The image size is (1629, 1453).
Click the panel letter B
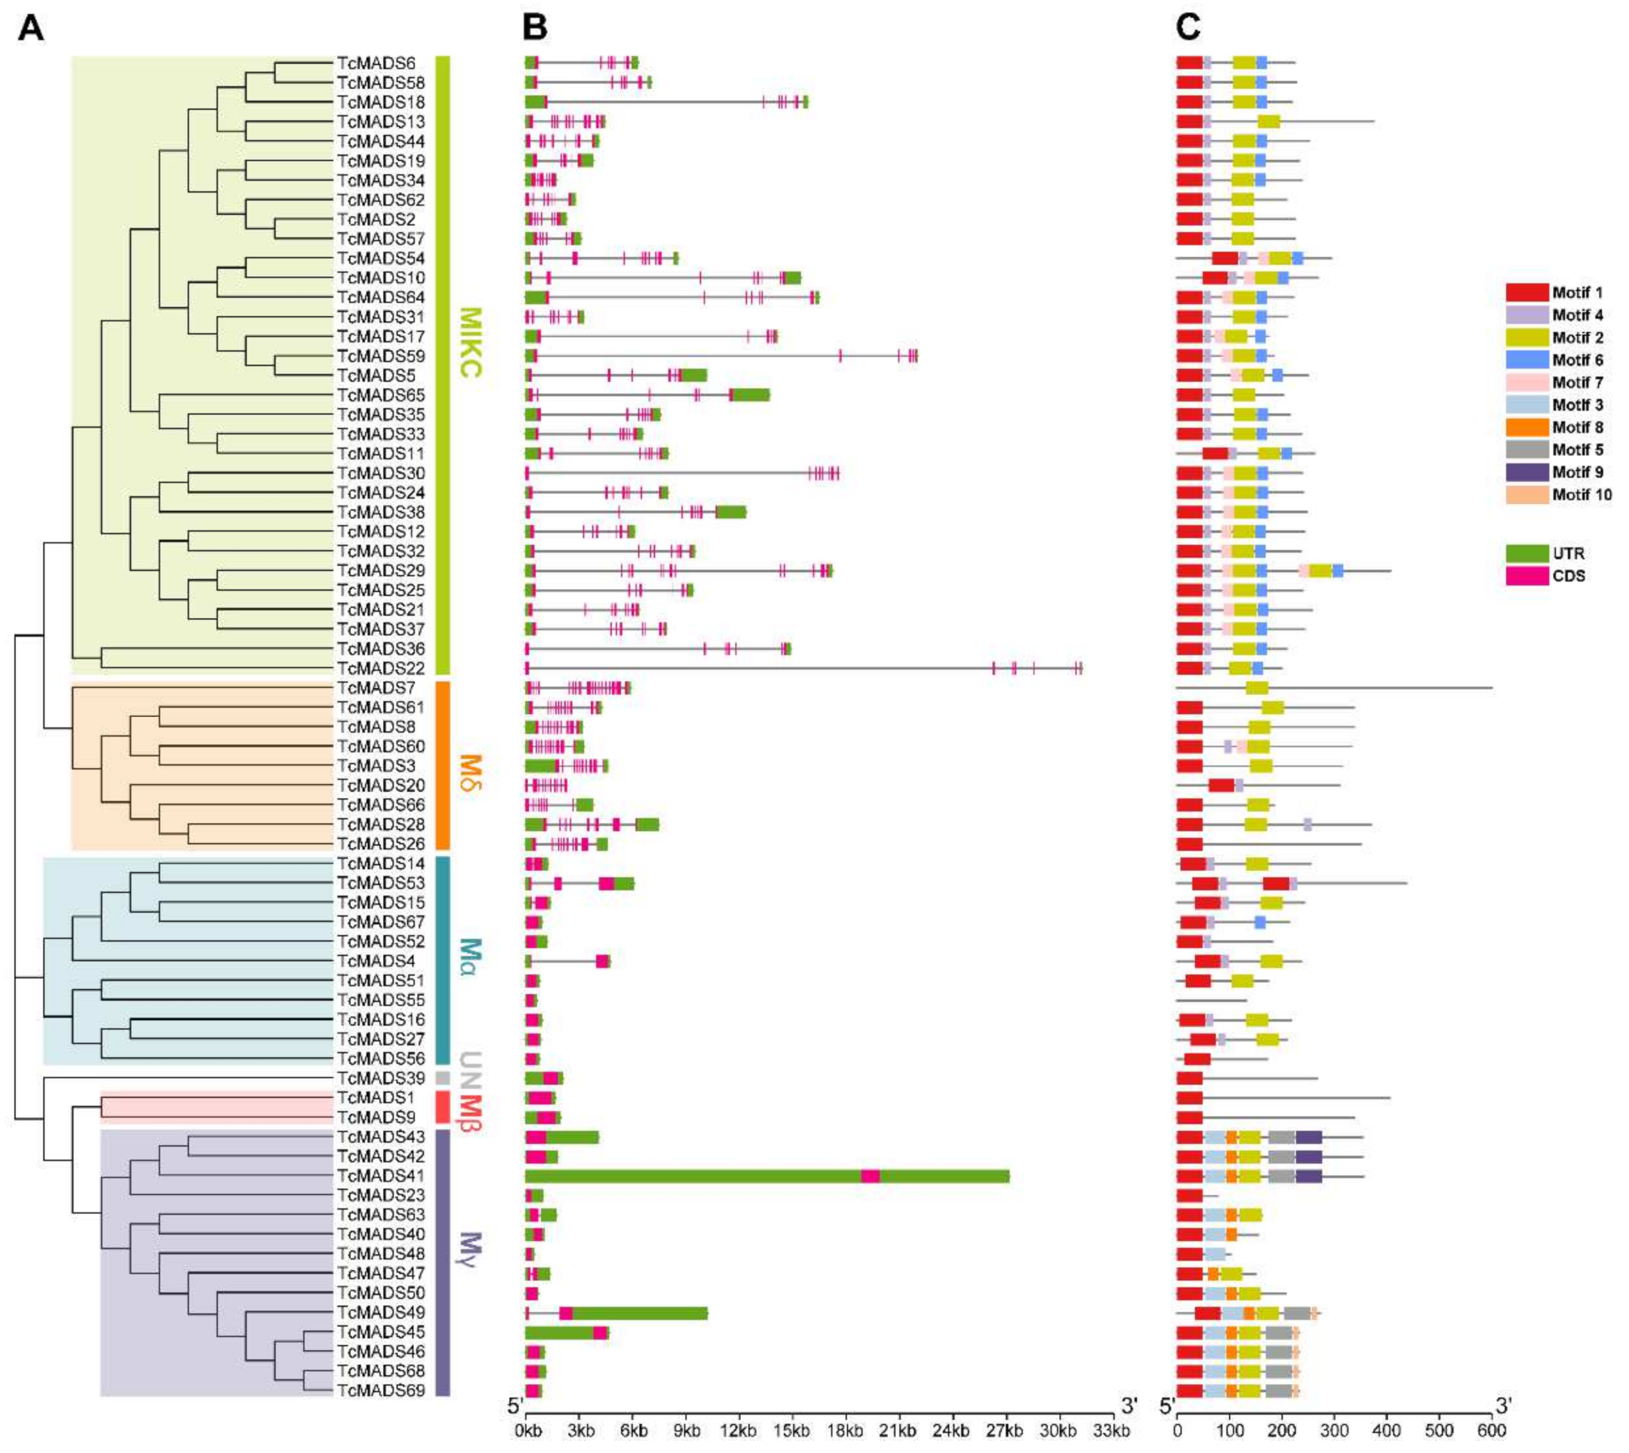(535, 28)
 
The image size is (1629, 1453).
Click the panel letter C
(1188, 28)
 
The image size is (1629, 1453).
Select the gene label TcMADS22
(381, 668)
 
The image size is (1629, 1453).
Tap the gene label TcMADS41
(381, 1176)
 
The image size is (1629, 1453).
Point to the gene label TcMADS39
(381, 1078)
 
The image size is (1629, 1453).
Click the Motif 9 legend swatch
(1527, 473)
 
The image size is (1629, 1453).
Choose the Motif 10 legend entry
(1581, 495)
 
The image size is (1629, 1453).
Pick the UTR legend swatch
(1527, 553)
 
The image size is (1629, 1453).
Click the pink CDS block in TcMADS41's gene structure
(870, 1176)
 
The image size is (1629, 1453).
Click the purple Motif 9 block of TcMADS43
(1308, 1137)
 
